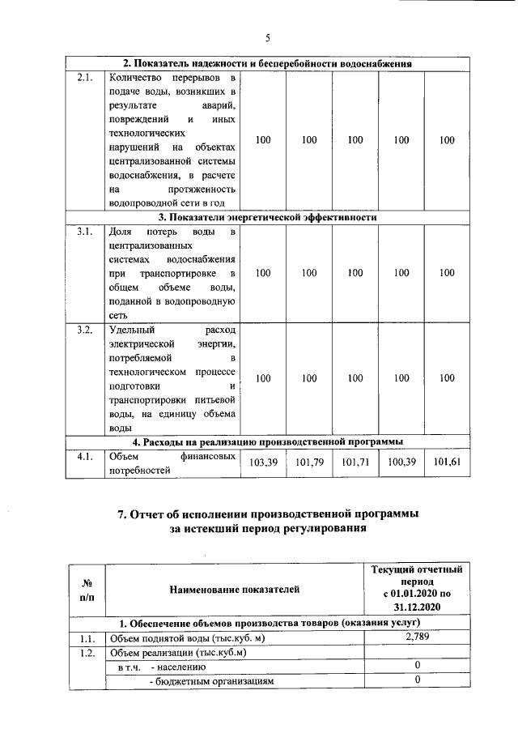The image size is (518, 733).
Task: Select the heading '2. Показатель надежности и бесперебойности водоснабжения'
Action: point(267,64)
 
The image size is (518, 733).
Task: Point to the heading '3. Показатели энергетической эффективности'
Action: point(267,218)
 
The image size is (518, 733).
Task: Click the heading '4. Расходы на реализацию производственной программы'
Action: point(267,441)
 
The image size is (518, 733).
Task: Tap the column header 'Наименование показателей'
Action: point(234,589)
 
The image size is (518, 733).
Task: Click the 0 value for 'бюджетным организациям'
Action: point(416,681)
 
